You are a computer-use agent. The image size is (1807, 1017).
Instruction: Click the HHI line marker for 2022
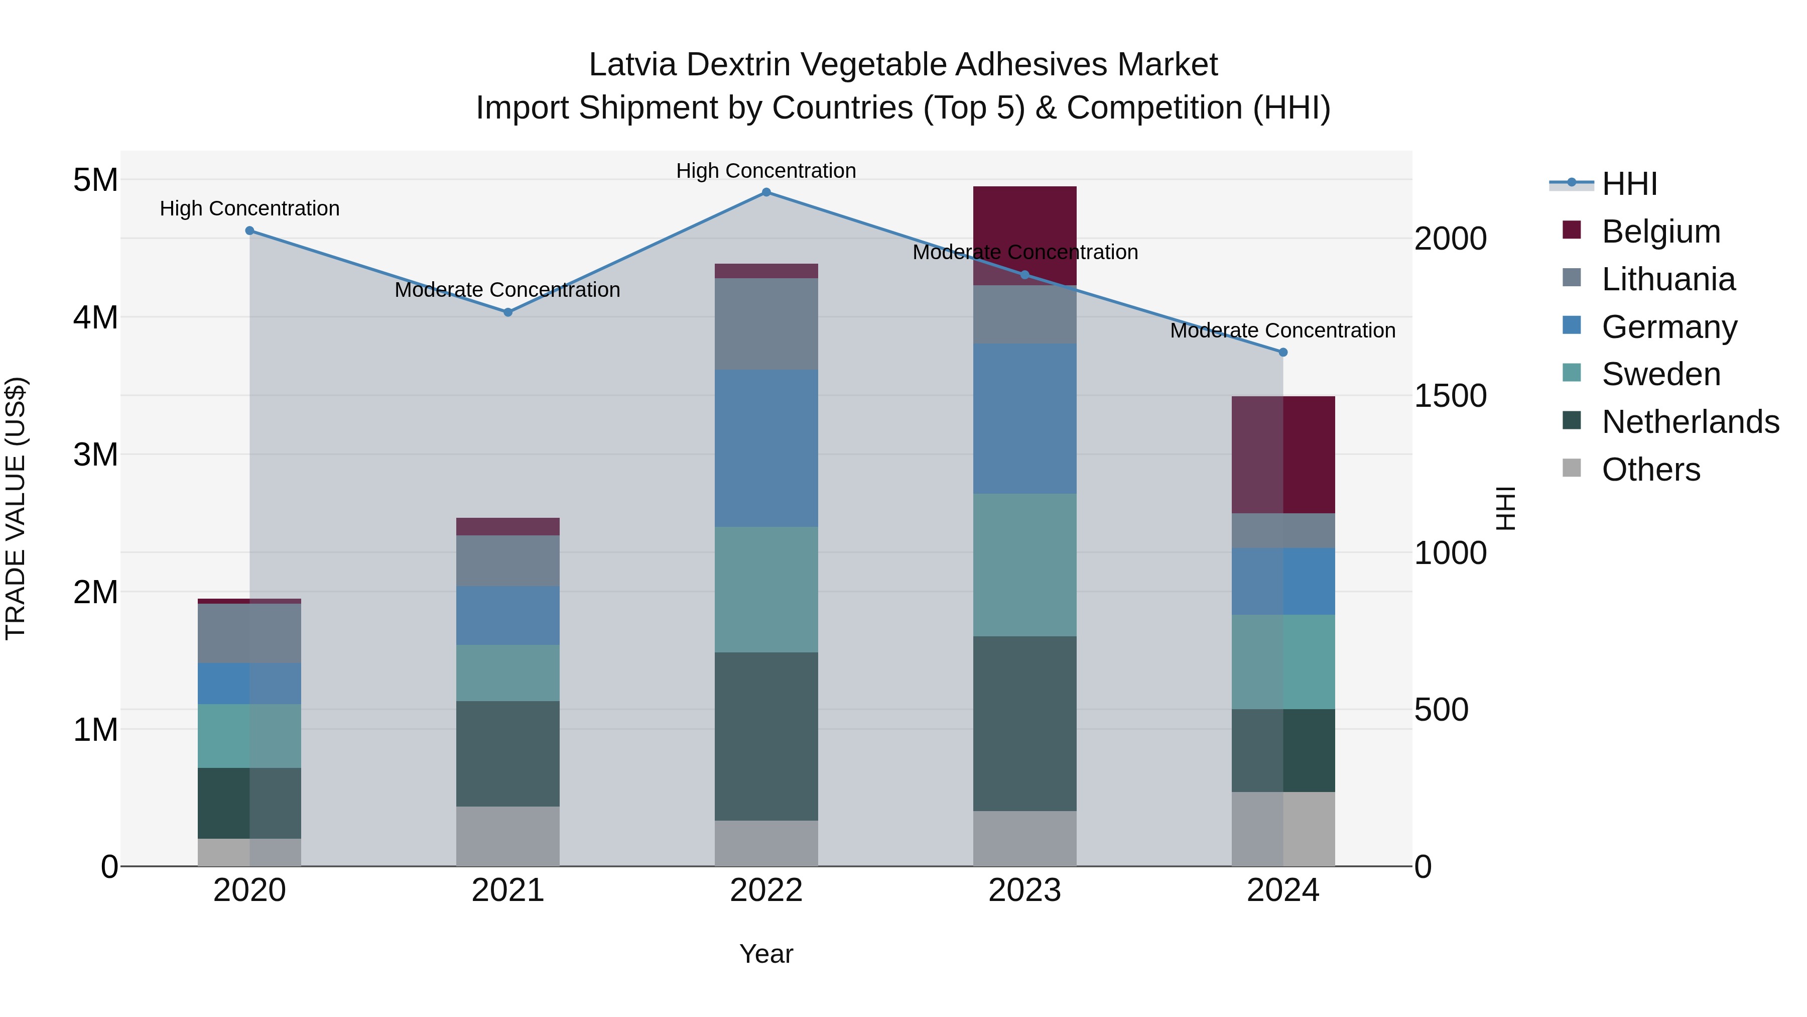[766, 192]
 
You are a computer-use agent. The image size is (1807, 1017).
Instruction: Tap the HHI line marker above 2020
[250, 231]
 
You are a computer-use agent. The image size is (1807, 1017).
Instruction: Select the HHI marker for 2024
[1283, 353]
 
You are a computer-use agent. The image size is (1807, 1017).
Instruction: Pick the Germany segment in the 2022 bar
[766, 448]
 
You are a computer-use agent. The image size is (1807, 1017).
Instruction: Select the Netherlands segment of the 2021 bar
[508, 753]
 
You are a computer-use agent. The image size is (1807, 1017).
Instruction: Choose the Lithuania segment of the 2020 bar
[250, 633]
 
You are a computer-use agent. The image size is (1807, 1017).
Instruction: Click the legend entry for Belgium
[1660, 232]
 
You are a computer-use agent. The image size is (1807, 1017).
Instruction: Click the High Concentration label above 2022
[766, 171]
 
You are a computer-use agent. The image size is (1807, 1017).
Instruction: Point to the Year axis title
[766, 954]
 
